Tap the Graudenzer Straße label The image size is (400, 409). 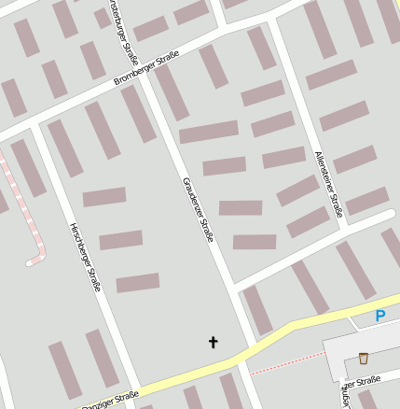(199, 209)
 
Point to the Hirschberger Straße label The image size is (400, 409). (85, 257)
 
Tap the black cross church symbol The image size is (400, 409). (213, 343)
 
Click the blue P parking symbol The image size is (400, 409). (379, 317)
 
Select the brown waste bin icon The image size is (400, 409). (363, 358)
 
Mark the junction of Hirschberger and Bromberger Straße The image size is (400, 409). (32, 124)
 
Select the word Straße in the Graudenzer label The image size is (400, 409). (205, 227)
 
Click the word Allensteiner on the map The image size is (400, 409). (325, 167)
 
